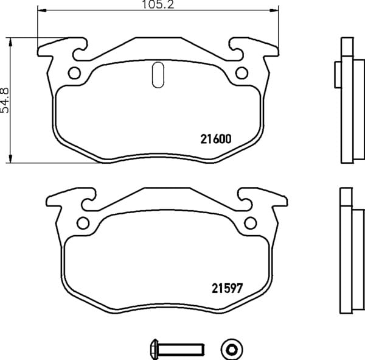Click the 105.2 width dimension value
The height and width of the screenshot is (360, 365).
(158, 4)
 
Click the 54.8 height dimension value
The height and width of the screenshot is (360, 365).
(5, 101)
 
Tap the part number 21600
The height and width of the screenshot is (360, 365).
(216, 139)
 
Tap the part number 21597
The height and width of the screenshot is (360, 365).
(227, 288)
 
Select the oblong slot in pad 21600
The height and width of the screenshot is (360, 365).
(158, 75)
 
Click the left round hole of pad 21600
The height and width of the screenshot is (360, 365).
(74, 73)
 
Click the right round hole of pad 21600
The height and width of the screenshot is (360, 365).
(242, 73)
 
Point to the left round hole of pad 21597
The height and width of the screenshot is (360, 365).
(83, 223)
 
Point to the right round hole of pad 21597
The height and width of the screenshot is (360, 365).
(251, 223)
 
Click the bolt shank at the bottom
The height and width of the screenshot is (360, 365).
(181, 350)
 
